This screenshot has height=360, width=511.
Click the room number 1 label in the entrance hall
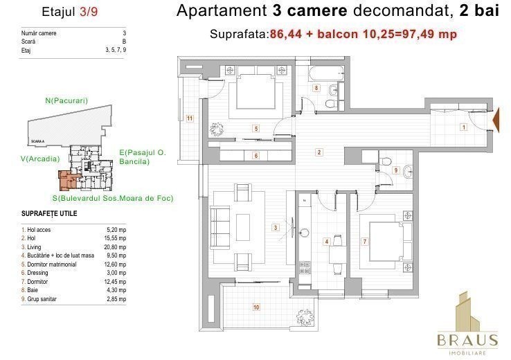coord(464,127)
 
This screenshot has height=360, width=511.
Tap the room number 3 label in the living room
coord(276,227)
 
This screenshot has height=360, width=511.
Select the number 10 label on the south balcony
coord(256,307)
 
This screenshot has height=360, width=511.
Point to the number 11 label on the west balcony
coord(190,118)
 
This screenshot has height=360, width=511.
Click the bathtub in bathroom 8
coord(326,74)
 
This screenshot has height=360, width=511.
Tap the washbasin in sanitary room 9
coord(408,172)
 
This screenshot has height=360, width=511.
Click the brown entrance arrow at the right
coord(495,120)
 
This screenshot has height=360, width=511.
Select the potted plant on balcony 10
coord(305,316)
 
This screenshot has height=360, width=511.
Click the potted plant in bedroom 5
coord(217,129)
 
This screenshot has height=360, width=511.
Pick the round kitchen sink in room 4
coord(305,233)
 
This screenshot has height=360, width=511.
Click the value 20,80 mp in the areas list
coord(115,247)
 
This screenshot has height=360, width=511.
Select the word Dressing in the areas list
coord(37,273)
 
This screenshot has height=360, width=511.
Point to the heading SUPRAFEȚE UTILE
coord(49,214)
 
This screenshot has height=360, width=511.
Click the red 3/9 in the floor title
coord(89,12)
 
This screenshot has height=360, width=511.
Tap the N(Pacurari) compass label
coord(66,100)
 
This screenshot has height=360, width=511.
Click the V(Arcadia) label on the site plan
coord(40,159)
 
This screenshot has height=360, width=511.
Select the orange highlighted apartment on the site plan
coord(67,180)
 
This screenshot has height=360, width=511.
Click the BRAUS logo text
coord(467,341)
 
